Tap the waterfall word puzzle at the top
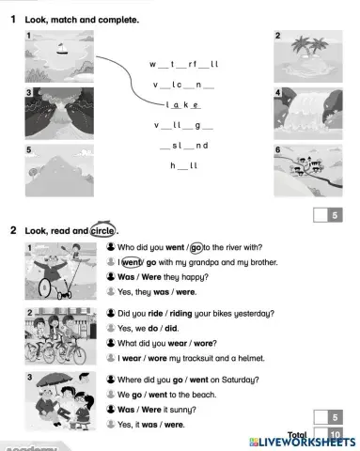[183, 64]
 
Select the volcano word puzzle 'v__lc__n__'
[183, 85]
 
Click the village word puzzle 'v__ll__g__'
[183, 125]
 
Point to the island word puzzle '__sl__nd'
[183, 146]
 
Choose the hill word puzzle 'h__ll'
[183, 166]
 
